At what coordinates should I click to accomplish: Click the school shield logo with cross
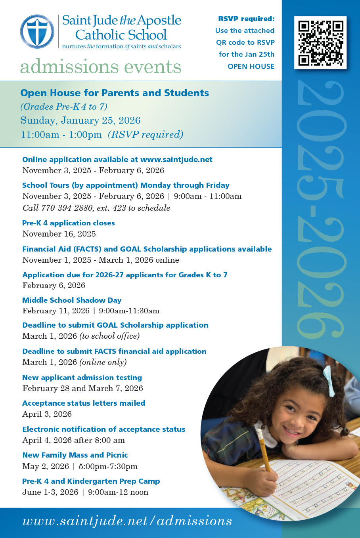click(37, 31)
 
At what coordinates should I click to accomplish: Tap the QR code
click(320, 43)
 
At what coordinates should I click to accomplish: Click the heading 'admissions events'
click(101, 67)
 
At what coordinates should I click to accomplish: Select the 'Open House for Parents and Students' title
click(115, 93)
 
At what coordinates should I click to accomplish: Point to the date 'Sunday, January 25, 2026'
click(80, 120)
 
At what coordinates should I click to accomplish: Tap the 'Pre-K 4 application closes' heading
click(69, 223)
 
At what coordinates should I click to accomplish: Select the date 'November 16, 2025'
click(59, 234)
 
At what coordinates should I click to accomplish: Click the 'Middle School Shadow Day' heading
click(72, 300)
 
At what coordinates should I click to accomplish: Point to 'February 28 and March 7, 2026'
click(82, 388)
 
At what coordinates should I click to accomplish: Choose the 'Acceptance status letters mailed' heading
click(84, 403)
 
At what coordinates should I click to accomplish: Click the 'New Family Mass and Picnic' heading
click(75, 455)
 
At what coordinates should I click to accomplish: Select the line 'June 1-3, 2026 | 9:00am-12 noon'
click(85, 492)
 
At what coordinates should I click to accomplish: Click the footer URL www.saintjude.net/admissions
click(127, 521)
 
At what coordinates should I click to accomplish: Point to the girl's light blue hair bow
click(329, 380)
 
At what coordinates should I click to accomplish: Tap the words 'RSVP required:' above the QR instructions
click(246, 19)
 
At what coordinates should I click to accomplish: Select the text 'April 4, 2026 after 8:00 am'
click(73, 440)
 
